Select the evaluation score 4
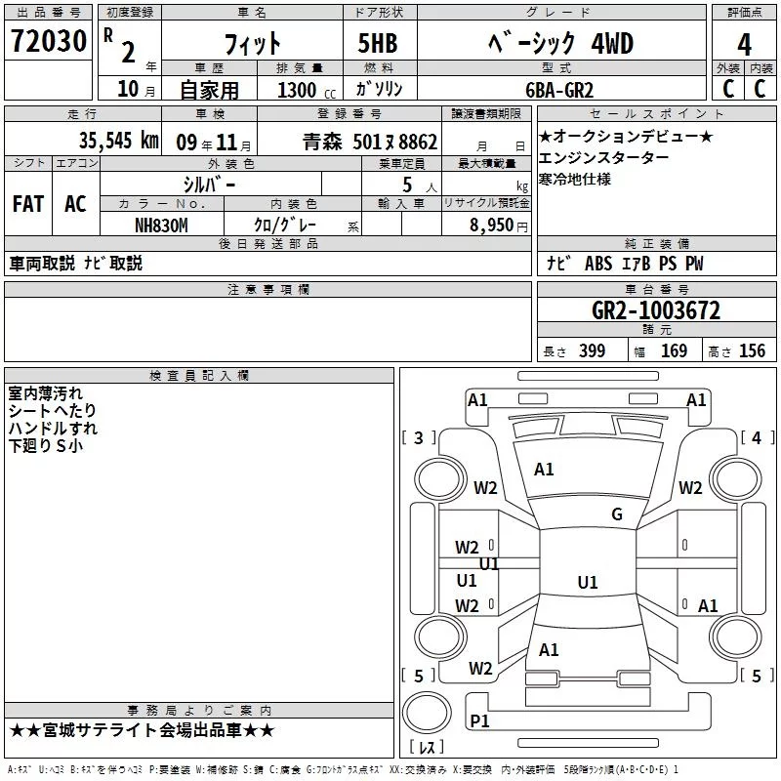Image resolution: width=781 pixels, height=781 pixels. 744,44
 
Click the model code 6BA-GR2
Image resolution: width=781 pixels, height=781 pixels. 557,90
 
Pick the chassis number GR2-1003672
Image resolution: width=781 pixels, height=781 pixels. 656,311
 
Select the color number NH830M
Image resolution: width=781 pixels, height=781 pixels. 161,226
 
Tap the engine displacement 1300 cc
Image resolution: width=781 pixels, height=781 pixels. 303,90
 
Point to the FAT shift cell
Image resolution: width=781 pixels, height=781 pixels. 28,204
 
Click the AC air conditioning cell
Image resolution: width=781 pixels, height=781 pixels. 75,204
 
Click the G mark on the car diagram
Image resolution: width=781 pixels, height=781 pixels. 616,514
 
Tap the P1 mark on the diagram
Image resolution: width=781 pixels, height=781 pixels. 479,720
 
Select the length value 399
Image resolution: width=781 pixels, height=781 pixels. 592,351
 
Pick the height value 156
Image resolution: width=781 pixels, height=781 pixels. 752,351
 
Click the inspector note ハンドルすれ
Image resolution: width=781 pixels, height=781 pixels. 53,429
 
